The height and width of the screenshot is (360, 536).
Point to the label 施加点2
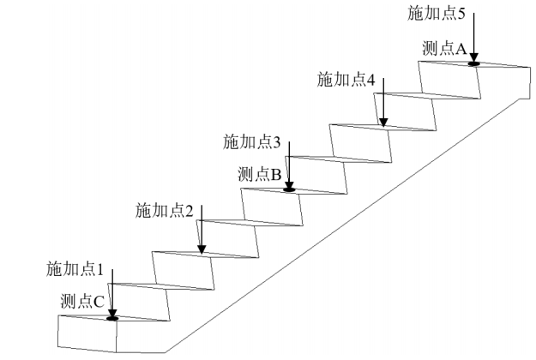coord(163,210)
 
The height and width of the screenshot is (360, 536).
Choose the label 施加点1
coord(75,269)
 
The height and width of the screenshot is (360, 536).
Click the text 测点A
coord(445,50)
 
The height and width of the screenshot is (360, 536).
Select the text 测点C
coord(82,301)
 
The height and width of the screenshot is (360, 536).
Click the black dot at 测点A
coord(473,62)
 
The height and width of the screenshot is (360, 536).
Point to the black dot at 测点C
coord(111,318)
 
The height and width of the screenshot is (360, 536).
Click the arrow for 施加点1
coord(111,291)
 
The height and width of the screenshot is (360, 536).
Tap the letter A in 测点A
coord(461,50)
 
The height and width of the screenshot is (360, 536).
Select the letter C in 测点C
coord(99,301)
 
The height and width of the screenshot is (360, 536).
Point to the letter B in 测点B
coord(276,175)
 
